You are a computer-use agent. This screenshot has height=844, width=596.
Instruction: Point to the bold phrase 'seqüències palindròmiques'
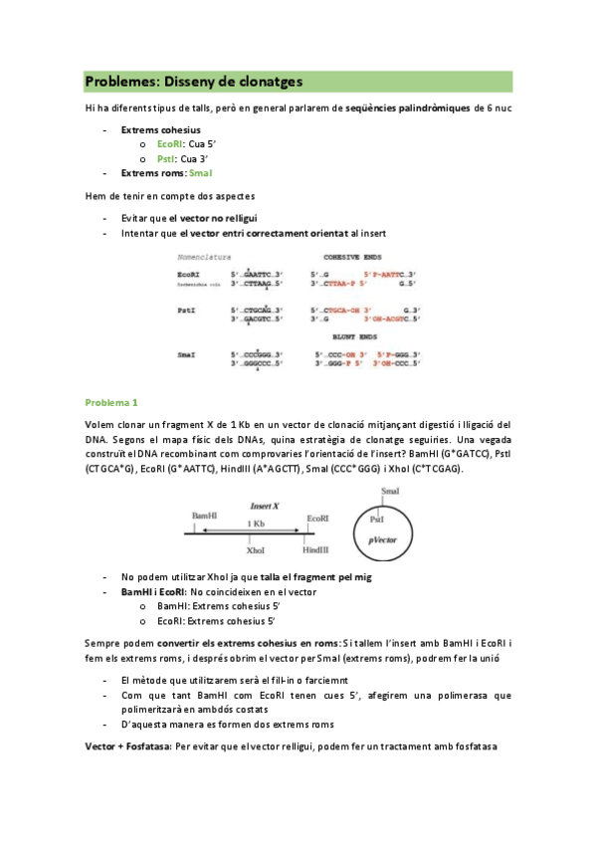point(394,106)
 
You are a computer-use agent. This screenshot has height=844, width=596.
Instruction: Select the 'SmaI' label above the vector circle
point(391,492)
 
